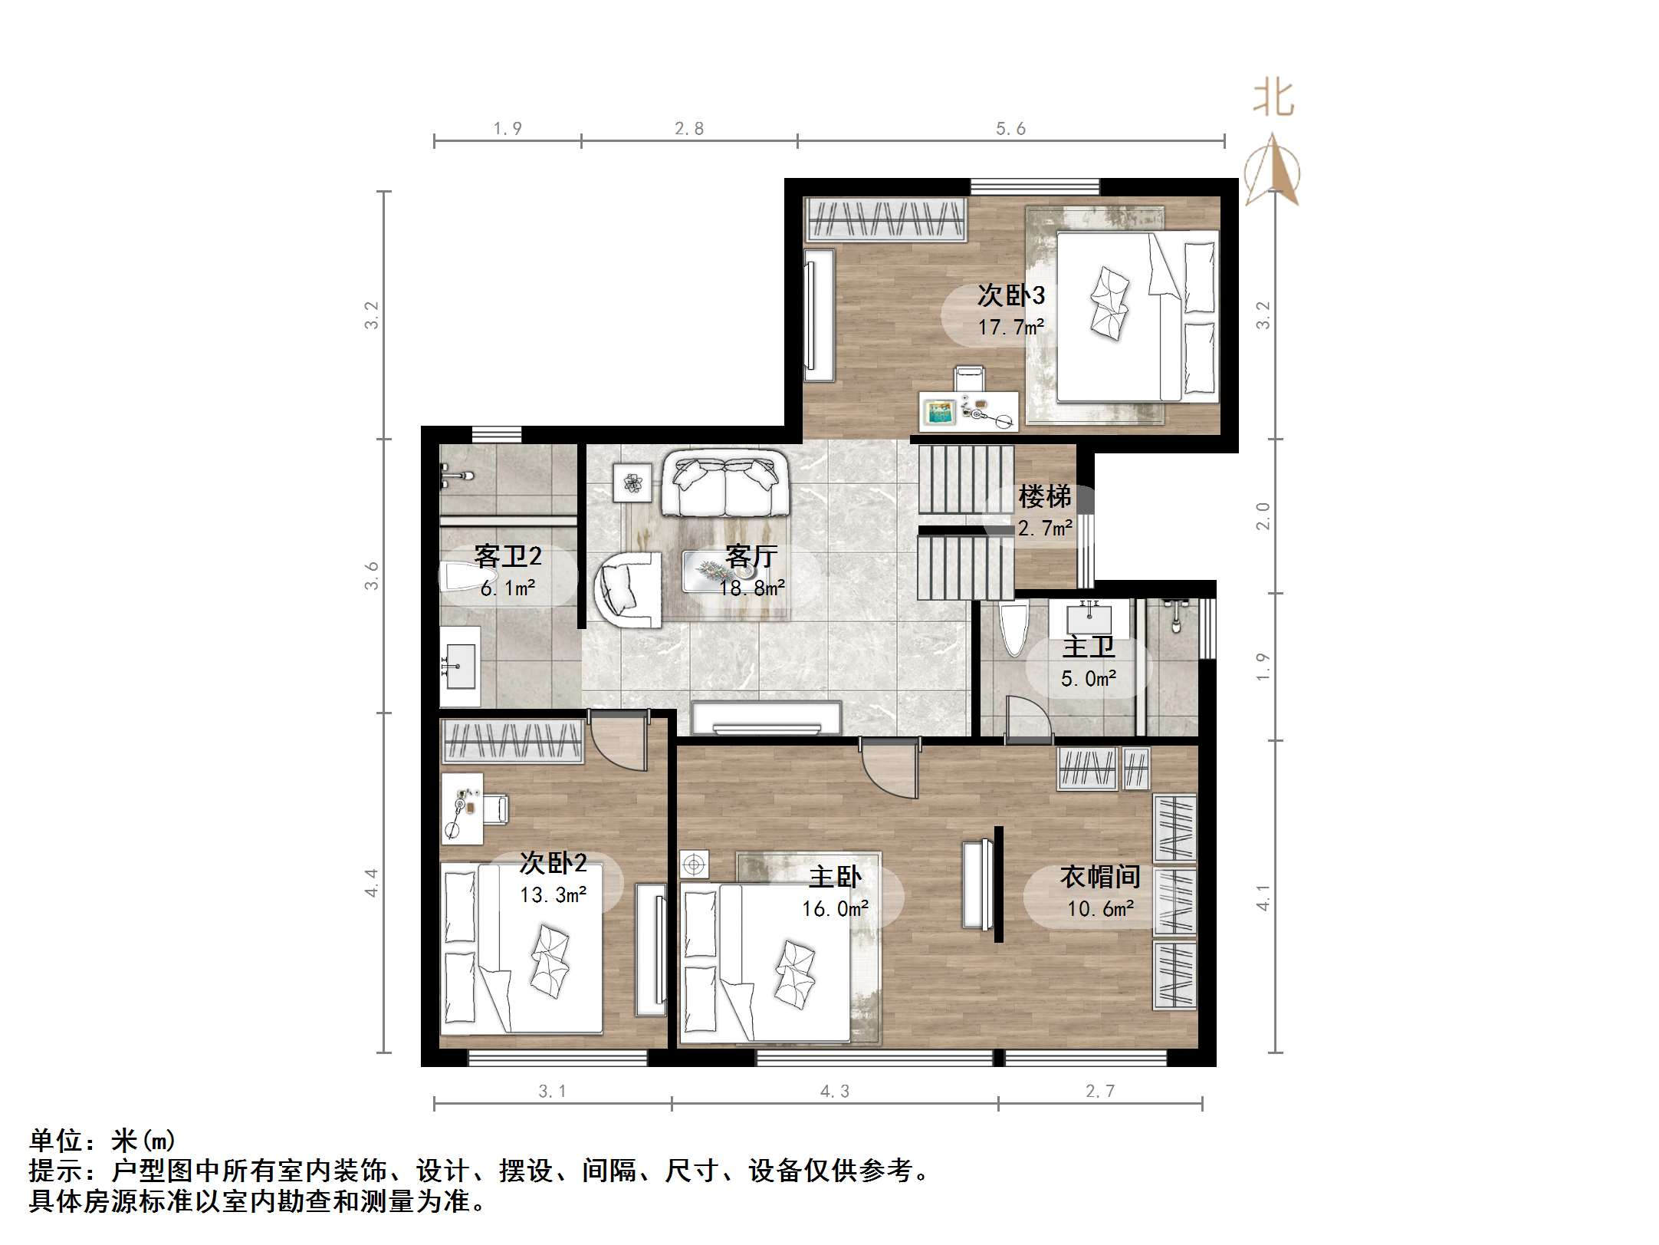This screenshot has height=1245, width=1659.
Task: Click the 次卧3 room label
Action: (x=1010, y=295)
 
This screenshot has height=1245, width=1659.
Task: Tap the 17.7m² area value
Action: (x=1010, y=328)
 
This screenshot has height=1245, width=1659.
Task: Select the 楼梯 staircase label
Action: (x=1044, y=497)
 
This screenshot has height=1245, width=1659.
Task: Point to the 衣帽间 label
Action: (x=1100, y=877)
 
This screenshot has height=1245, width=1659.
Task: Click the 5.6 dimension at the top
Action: (x=1010, y=129)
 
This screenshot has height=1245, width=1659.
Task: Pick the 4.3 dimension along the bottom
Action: (x=835, y=1091)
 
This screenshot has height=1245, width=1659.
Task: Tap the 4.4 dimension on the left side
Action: (x=372, y=882)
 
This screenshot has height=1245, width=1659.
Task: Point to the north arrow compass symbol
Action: (x=1272, y=170)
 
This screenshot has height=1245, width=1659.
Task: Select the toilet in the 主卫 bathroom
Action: (x=1013, y=627)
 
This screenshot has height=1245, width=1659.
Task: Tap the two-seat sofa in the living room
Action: (x=725, y=483)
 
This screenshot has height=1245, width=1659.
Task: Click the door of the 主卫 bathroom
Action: (x=1027, y=721)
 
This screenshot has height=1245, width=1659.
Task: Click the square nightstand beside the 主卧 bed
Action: (x=695, y=865)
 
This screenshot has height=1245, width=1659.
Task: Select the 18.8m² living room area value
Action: (x=751, y=588)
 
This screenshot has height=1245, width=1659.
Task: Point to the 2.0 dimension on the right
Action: (x=1263, y=515)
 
